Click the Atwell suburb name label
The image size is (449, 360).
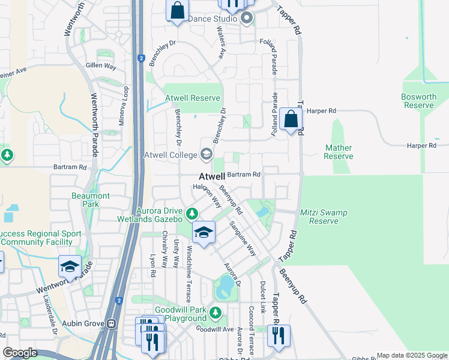point(212,177)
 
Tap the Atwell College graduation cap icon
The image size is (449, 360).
point(206,155)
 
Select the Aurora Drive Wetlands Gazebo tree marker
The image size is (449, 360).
point(192,214)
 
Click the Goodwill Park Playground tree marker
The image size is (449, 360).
point(215,313)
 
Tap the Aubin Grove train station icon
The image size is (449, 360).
point(112,323)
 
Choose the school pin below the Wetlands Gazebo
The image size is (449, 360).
point(203,232)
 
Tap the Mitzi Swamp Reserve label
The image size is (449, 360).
point(324,217)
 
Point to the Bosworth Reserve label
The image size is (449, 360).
point(419,101)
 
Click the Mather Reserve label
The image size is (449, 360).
point(338,152)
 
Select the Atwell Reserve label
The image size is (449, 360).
point(193,98)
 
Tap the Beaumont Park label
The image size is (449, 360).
point(90,200)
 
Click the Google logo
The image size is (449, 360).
point(20,352)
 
